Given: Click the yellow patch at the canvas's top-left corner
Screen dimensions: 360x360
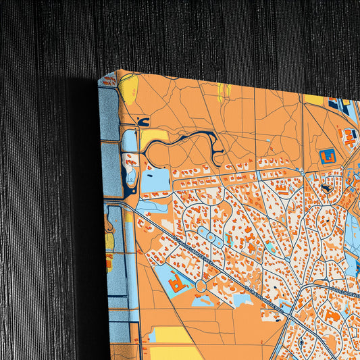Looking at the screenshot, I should (x=129, y=87).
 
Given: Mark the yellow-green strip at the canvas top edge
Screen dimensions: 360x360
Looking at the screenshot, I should (x=223, y=91).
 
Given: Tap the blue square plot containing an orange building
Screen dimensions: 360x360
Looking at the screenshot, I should (x=328, y=156).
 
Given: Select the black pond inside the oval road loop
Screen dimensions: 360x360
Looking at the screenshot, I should (x=326, y=188).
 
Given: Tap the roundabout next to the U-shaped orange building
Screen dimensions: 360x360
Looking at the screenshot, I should (x=201, y=286).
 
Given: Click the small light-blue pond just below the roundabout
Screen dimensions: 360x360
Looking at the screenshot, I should (x=202, y=301).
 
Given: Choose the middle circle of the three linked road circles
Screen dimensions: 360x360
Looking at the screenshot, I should (x=211, y=237).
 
